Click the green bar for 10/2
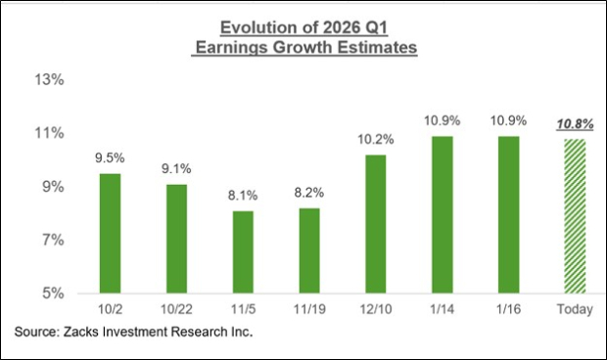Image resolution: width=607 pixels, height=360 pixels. pos(111,233)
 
